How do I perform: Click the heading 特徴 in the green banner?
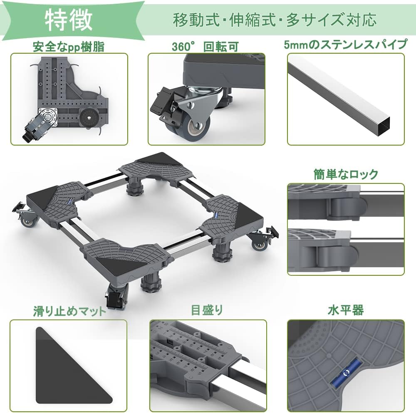tap(68, 20)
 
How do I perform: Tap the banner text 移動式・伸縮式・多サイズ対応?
tap(275, 20)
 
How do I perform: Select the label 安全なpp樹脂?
tap(69, 47)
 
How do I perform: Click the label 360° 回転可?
tap(205, 47)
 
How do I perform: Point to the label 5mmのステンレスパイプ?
tap(345, 45)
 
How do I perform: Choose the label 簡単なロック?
tap(346, 174)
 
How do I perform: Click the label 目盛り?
tap(207, 310)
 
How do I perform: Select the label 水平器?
tap(346, 310)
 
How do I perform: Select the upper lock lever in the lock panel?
tap(347, 206)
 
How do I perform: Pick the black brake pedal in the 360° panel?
tap(161, 105)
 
